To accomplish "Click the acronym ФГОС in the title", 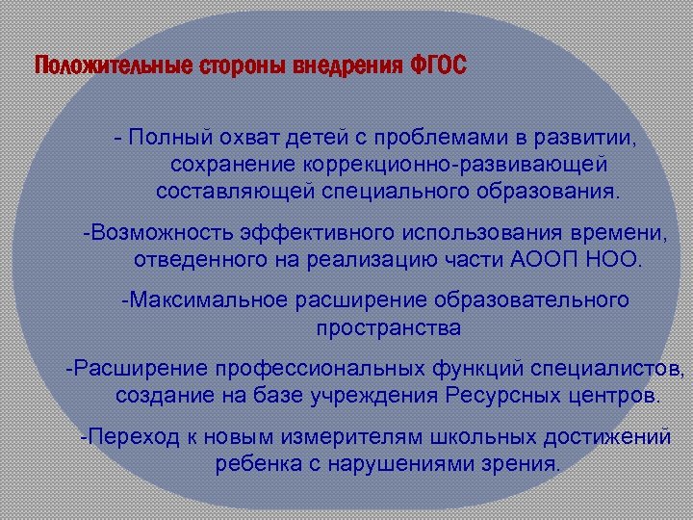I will [438, 67].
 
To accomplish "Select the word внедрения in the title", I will [350, 67].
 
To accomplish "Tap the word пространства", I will [388, 327].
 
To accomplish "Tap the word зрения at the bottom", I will [521, 463].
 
